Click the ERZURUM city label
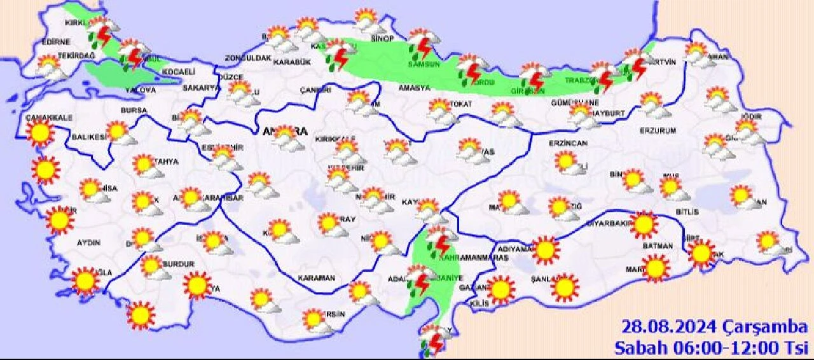coord(658,130)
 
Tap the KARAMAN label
coord(317,278)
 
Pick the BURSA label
coord(134,110)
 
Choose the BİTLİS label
coord(686,212)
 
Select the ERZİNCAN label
coord(568,144)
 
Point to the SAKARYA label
coord(201,88)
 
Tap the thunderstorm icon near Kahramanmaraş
coord(439,242)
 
